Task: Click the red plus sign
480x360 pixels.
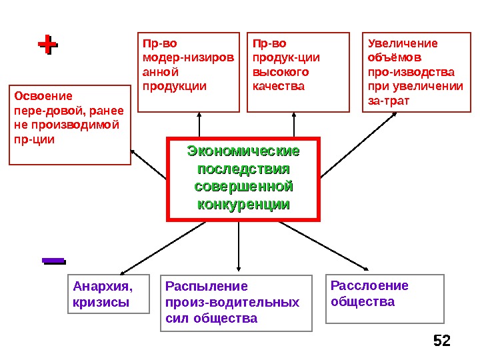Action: (x=47, y=45)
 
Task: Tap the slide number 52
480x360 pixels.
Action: (x=441, y=341)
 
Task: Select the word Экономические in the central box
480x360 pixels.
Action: (x=243, y=151)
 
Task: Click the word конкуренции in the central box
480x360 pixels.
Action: (x=243, y=203)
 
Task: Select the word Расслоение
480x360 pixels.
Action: (x=369, y=286)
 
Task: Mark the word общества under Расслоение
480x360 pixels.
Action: (x=363, y=301)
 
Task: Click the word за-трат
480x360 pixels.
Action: (x=389, y=101)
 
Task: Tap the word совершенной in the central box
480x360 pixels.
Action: (x=243, y=185)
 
